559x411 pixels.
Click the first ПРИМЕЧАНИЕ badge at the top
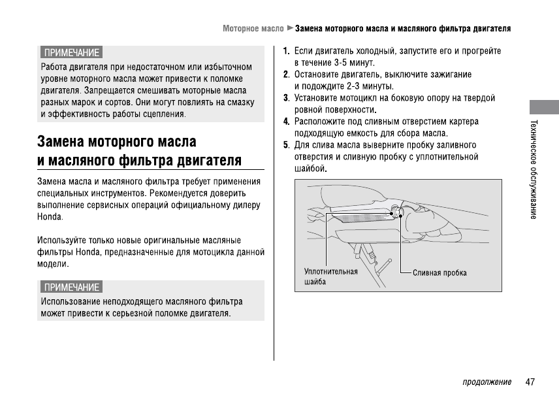point(71,52)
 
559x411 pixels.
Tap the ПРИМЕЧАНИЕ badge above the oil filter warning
point(71,287)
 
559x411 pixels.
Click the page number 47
point(530,382)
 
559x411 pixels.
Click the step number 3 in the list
point(286,98)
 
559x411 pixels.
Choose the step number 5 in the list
point(286,145)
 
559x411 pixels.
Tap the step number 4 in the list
point(286,122)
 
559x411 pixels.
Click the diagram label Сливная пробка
point(439,272)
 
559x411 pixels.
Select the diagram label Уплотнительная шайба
point(330,276)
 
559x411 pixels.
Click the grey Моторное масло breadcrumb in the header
point(253,29)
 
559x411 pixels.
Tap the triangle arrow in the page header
point(290,29)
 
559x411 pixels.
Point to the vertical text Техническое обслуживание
point(534,169)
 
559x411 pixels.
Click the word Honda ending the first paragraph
point(49,216)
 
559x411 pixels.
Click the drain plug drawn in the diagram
point(396,212)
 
